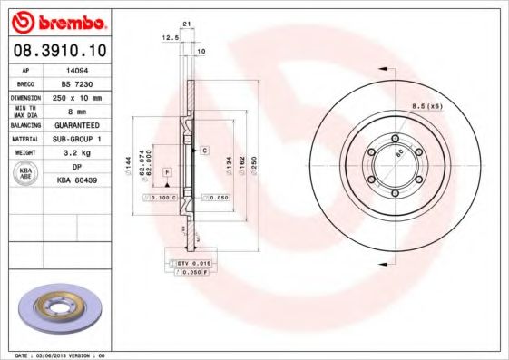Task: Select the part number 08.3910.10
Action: tap(58, 49)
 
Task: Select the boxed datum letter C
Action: tap(205, 148)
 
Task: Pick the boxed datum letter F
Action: tap(167, 170)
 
